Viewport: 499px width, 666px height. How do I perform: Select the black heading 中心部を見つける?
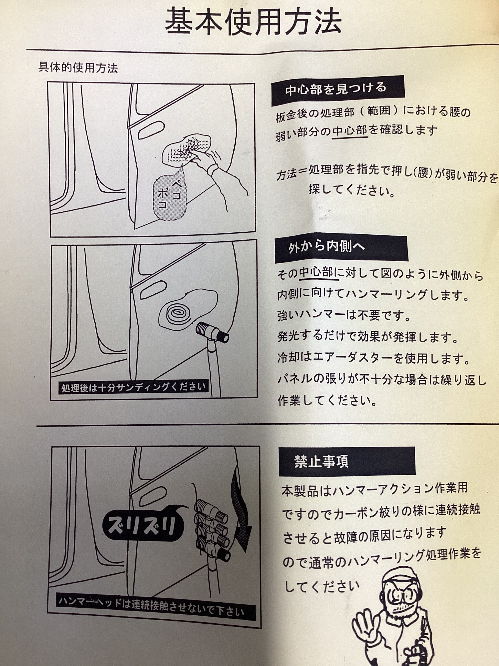tap(338, 90)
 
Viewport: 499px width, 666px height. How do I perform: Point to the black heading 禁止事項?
tap(347, 461)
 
